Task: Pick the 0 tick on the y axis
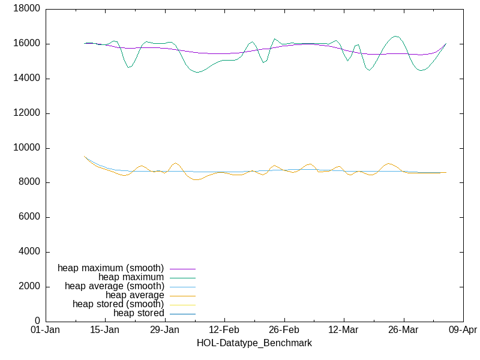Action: pyautogui.click(x=37, y=322)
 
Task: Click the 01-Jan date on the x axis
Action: pyautogui.click(x=44, y=331)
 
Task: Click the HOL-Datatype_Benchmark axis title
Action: pyautogui.click(x=254, y=343)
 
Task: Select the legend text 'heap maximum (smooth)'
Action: pyautogui.click(x=110, y=268)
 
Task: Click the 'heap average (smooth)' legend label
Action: pyautogui.click(x=114, y=286)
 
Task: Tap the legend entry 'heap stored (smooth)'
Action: pyautogui.click(x=118, y=304)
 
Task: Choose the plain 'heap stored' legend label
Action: pyautogui.click(x=139, y=313)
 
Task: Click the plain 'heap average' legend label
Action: pyautogui.click(x=134, y=295)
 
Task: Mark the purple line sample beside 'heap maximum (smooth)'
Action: pyautogui.click(x=183, y=268)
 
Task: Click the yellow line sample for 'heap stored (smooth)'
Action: pyautogui.click(x=183, y=304)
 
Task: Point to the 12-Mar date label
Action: pyautogui.click(x=343, y=331)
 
